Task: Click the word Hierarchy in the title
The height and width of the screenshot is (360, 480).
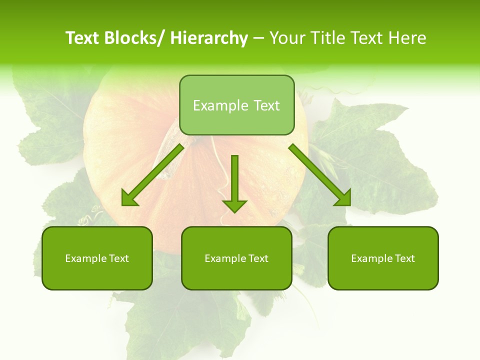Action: [209, 38]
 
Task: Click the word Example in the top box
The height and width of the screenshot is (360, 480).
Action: [220, 105]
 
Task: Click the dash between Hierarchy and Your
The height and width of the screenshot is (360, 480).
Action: [258, 38]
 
